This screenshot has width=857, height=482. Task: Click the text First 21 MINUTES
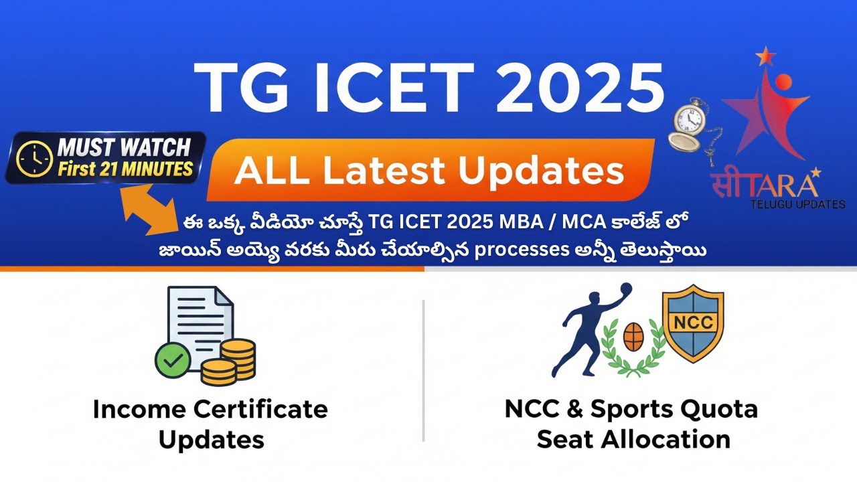(x=125, y=169)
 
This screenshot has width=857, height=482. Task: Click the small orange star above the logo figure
(x=764, y=56)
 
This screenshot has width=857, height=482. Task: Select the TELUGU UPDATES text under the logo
(x=797, y=204)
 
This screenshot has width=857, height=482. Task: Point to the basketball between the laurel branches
(x=633, y=337)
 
